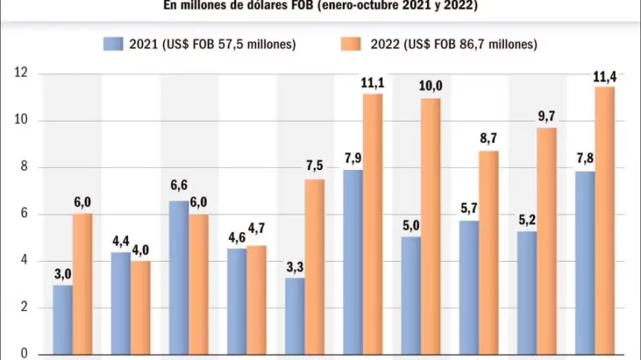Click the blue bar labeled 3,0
[x=63, y=319]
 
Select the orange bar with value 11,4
[x=604, y=220]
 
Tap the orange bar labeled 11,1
[x=373, y=224]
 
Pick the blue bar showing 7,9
[x=353, y=262]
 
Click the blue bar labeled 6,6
[x=179, y=277]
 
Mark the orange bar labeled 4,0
[x=140, y=307]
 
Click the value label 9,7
[x=546, y=116]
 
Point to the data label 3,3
[x=294, y=266]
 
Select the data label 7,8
[x=585, y=160]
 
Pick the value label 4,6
[x=236, y=237]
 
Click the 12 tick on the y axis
[x=20, y=73]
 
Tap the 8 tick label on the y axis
[x=23, y=167]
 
